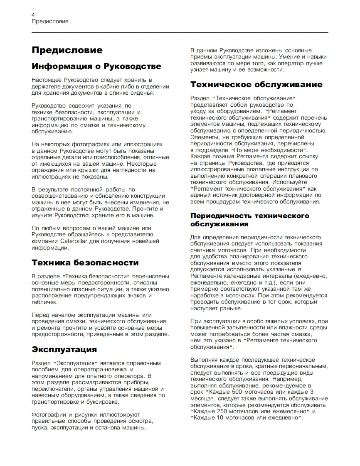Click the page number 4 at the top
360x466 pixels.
pos(33,15)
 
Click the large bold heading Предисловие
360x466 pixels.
pos(67,50)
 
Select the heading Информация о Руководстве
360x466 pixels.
pos(96,66)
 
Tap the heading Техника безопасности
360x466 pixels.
pos(85,262)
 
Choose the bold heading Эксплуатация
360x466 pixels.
pos(64,349)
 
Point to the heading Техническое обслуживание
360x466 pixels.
pos(256,85)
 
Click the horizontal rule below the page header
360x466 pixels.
pos(180,32)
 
